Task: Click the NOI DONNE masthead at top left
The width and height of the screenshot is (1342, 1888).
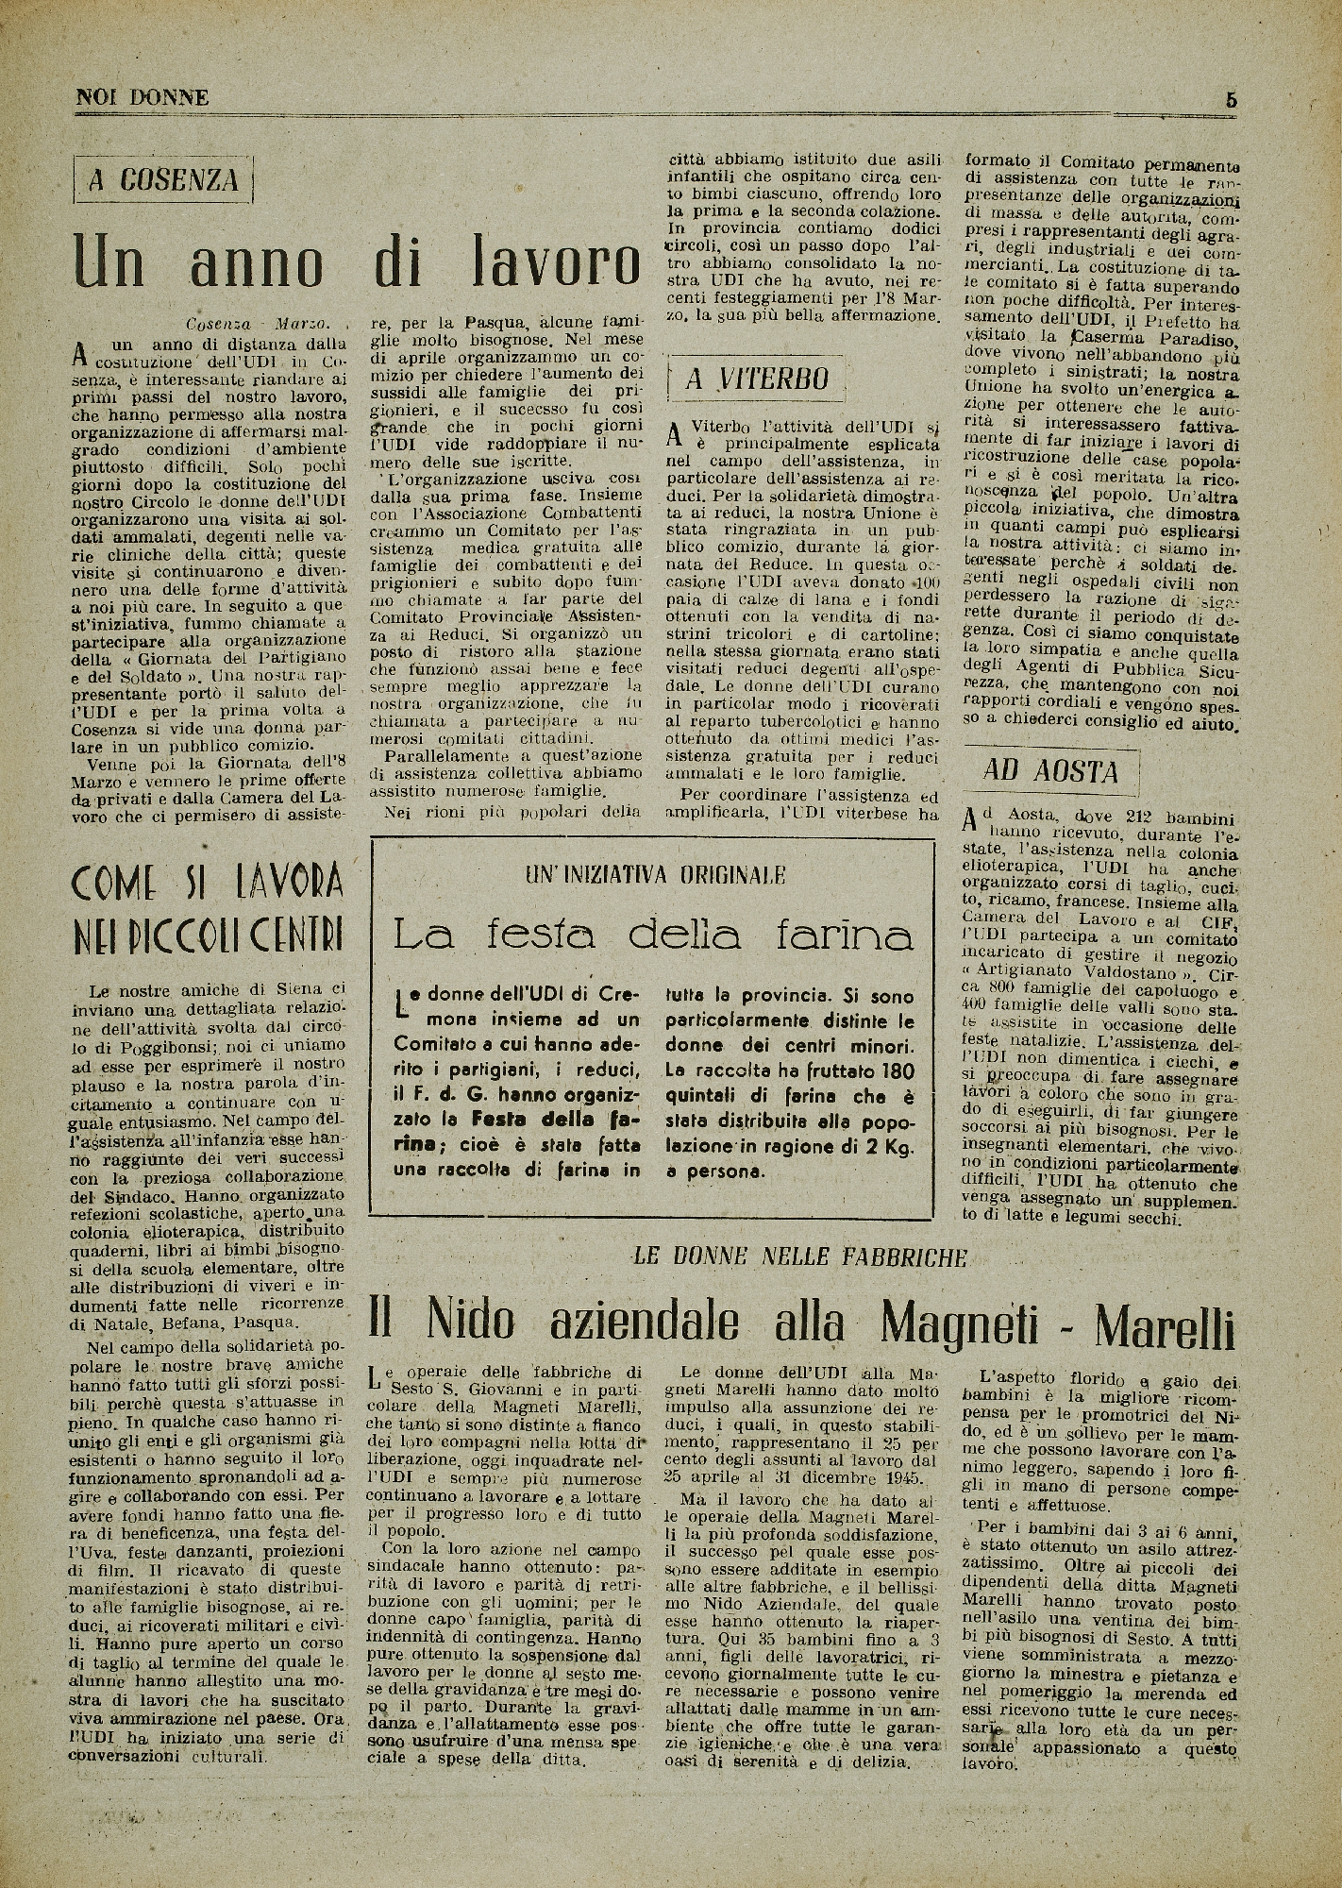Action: point(143,97)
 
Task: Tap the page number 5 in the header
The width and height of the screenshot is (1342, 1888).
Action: point(1232,98)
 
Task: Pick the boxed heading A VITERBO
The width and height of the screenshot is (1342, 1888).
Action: point(757,379)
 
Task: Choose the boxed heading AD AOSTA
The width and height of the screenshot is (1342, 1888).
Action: point(1050,771)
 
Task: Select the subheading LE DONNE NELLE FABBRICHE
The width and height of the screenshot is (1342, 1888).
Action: point(799,1256)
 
